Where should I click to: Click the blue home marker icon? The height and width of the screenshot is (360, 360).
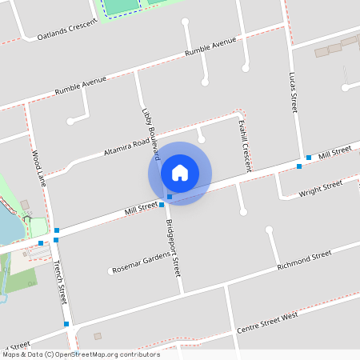click(180, 173)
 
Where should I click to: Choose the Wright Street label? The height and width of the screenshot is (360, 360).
click(320, 189)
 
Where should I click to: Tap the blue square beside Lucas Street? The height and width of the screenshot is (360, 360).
click(308, 158)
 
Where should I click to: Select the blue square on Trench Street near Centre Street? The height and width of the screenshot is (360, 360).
click(66, 324)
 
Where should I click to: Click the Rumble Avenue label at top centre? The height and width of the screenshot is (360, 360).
click(210, 50)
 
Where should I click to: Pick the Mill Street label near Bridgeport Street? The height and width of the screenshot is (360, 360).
click(141, 210)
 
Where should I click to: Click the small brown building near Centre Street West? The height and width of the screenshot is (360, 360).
click(98, 336)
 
